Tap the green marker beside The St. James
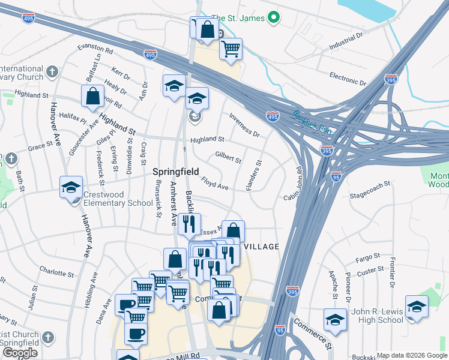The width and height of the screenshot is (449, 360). pos(274,18)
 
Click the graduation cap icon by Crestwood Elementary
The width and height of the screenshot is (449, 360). pos(71,187)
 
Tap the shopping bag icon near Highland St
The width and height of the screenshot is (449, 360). pos(93,97)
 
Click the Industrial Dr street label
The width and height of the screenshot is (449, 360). pos(346,42)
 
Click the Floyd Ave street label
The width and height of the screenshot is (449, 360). pos(214,184)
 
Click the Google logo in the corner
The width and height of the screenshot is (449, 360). pos(19,353)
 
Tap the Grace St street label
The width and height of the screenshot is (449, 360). pos(41,146)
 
